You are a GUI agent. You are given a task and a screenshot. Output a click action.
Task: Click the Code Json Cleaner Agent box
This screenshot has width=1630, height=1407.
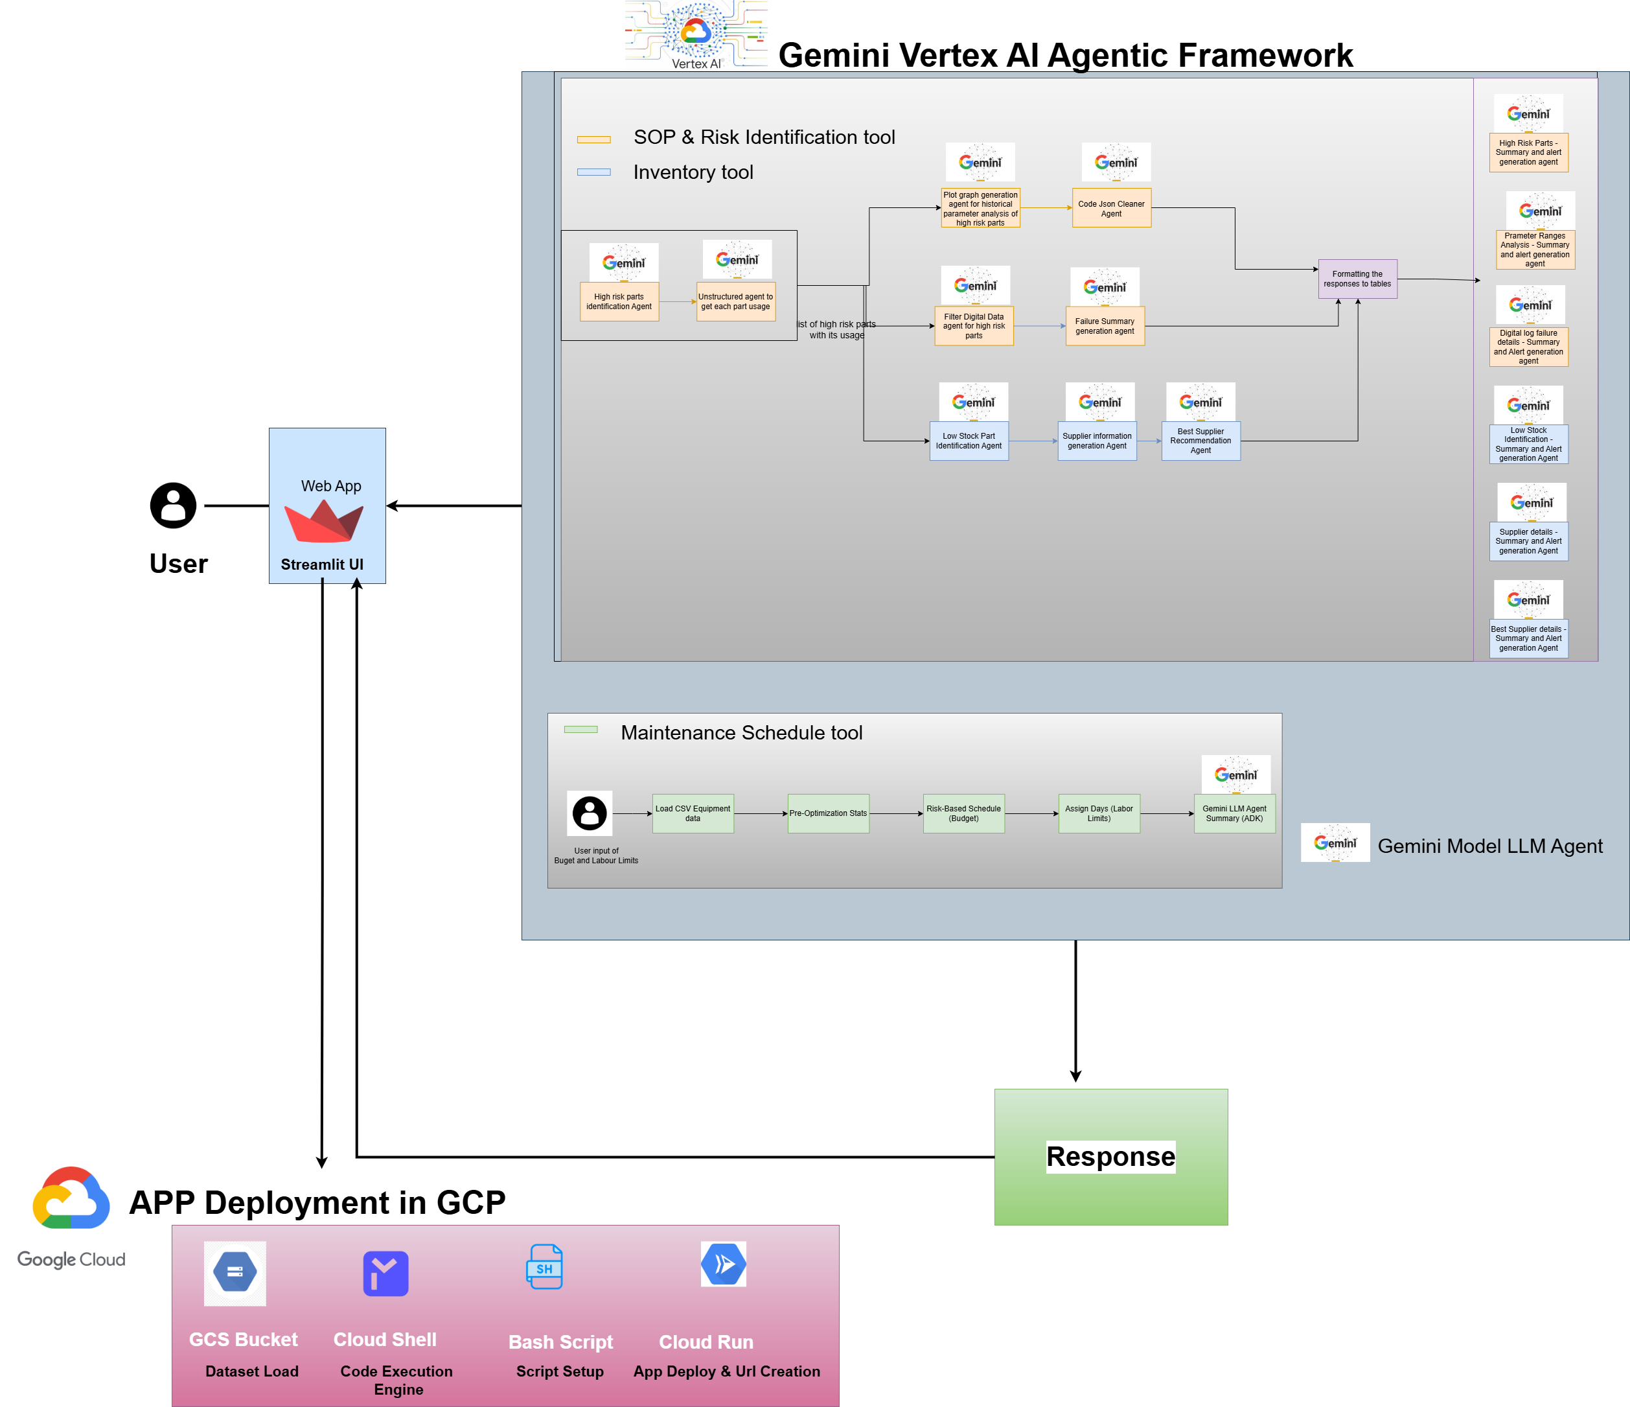[x=1111, y=208]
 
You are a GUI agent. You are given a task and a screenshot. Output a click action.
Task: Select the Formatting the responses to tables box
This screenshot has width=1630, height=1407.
[x=1357, y=279]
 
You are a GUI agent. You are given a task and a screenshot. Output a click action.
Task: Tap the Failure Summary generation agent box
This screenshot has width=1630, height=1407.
[x=1105, y=326]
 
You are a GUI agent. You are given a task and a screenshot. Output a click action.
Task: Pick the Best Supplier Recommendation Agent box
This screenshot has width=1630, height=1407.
[x=1200, y=441]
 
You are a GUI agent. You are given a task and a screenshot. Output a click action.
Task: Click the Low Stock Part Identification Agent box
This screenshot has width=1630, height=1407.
[x=969, y=441]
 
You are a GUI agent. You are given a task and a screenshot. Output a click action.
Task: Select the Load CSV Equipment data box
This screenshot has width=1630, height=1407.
[x=693, y=813]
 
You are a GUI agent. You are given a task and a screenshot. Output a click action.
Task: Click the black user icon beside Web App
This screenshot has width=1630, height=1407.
[x=173, y=506]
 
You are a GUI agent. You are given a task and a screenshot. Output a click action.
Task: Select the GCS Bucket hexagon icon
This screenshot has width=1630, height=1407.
[x=235, y=1272]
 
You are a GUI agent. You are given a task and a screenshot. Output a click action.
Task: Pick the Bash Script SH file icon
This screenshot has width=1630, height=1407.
[x=544, y=1266]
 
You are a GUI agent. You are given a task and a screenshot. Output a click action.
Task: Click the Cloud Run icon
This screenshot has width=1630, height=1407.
[x=723, y=1264]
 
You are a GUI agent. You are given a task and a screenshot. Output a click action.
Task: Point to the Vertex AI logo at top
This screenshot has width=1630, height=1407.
[x=695, y=34]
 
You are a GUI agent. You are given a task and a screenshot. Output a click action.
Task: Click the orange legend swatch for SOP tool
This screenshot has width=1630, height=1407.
[x=594, y=139]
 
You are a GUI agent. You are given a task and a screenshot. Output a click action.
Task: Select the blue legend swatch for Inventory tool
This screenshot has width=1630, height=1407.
[x=594, y=172]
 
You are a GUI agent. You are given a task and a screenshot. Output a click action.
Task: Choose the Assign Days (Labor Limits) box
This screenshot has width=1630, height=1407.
[x=1098, y=813]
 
